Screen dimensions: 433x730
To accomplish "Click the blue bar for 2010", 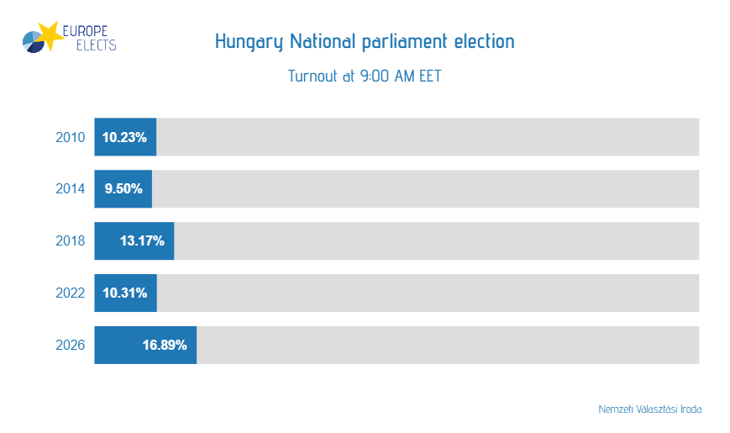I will (125, 137).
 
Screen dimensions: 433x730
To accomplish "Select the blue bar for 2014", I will (123, 189).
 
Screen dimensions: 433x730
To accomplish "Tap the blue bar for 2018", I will (134, 241).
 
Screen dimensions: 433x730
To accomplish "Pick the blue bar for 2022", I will (125, 293).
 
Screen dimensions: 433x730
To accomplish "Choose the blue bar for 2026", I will (145, 345).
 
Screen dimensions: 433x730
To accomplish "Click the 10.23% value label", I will (125, 138).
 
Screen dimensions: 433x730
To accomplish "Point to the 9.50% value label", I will (123, 190).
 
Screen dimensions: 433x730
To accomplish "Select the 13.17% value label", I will (143, 242).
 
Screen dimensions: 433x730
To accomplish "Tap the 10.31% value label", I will (125, 293).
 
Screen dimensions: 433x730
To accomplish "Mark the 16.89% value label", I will (165, 346).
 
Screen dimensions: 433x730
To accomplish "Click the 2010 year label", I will (70, 138).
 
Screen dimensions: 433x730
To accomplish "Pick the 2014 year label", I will (70, 190).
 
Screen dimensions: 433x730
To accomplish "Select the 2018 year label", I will (70, 242).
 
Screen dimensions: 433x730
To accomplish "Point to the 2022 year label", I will (70, 293).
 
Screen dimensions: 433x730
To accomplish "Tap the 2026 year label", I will (70, 346).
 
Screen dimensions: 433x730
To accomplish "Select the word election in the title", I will (484, 41).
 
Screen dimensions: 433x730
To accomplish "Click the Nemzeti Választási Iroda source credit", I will (649, 409).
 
